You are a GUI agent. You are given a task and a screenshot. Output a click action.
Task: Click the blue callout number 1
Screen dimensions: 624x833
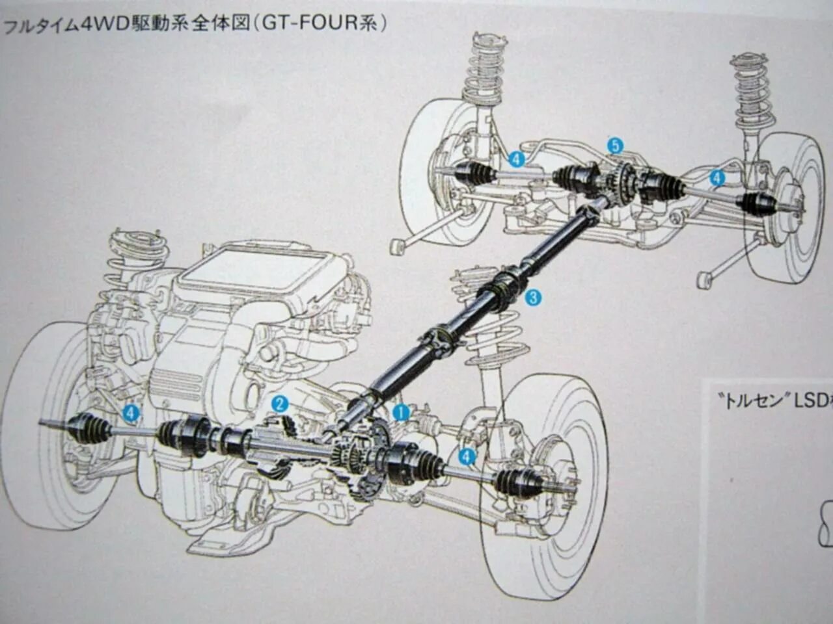click(400, 412)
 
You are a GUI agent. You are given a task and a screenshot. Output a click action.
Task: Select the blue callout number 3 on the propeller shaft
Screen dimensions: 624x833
click(533, 298)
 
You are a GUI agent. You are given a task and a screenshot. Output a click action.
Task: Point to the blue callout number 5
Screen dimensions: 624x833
click(615, 146)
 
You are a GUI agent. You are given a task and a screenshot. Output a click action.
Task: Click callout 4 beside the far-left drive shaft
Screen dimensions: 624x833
click(131, 413)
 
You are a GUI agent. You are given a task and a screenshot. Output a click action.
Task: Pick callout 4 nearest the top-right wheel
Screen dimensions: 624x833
click(717, 177)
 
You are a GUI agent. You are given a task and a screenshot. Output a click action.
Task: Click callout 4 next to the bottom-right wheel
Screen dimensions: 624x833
click(466, 457)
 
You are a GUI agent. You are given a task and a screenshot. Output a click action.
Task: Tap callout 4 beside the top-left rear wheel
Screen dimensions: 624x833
click(516, 159)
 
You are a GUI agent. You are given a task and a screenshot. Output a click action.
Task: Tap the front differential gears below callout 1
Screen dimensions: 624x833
click(358, 458)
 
